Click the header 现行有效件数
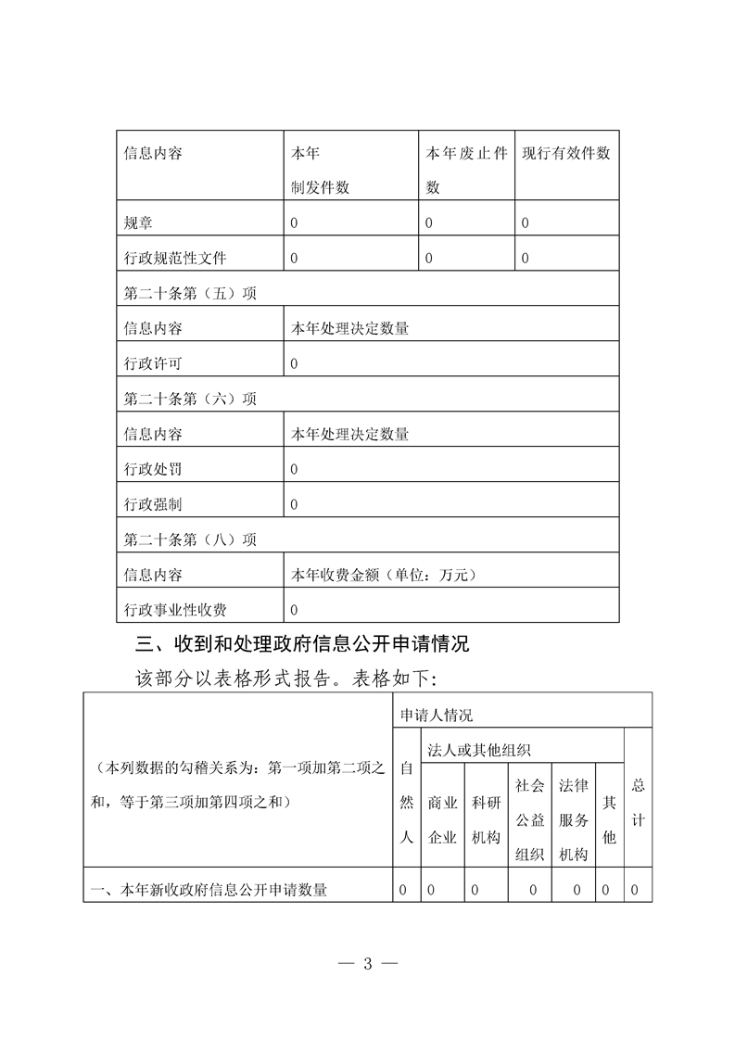point(566,154)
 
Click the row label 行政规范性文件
point(175,258)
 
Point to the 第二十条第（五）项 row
point(190,293)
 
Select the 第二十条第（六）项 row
point(190,399)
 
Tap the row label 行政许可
point(153,363)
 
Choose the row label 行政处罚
point(153,469)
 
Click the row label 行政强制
point(153,504)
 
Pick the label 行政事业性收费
point(175,610)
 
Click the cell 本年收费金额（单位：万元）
point(383,575)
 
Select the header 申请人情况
point(436,715)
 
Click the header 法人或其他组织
point(479,748)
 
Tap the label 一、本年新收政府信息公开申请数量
point(209,890)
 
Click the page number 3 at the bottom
point(367,962)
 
